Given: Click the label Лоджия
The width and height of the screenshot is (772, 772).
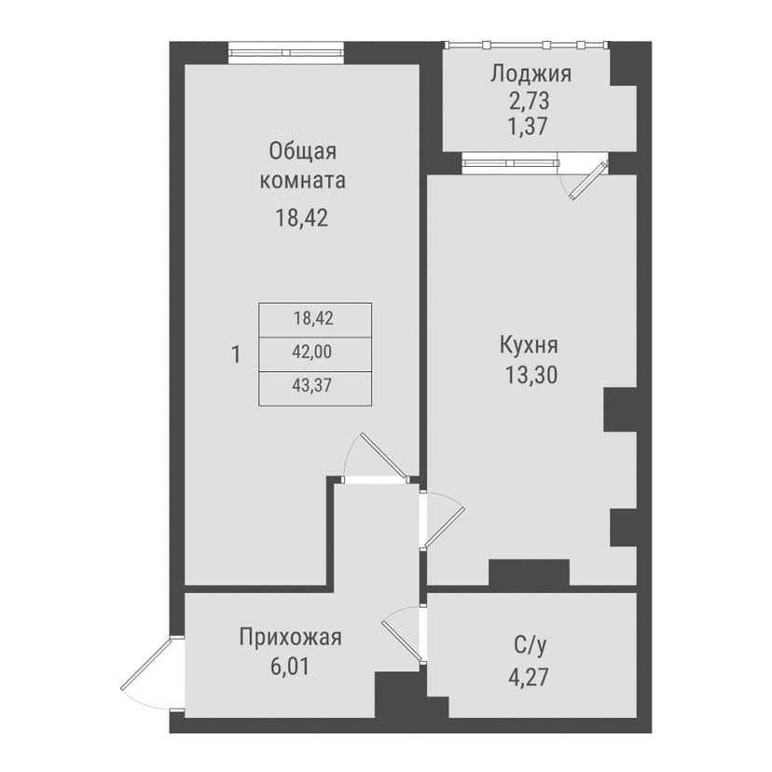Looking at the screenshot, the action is coord(531,75).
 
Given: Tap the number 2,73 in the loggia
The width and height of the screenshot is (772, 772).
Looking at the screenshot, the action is coord(529,102).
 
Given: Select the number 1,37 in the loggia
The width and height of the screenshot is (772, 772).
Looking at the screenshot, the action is coord(528,127).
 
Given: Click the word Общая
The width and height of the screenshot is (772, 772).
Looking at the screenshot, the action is coord(302,152).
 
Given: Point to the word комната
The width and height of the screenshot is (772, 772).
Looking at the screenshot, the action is coord(302,181).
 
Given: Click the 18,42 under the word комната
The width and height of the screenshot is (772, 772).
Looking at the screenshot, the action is coord(301,217).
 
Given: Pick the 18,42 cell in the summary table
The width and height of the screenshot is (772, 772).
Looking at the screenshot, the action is coord(315,320).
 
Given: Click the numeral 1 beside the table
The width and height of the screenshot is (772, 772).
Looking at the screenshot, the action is coord(236,354).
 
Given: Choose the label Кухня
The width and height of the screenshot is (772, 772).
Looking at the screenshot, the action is coord(529,345).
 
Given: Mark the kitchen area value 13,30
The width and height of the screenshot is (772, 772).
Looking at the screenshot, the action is coord(531,376).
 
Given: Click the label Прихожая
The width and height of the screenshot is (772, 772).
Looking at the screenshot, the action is coord(290,637).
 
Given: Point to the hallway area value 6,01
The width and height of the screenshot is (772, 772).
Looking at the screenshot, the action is coord(290,667).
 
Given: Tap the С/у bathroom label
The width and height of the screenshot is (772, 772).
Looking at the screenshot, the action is coord(530,645).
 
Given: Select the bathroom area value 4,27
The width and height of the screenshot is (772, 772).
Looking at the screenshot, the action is coord(529,678).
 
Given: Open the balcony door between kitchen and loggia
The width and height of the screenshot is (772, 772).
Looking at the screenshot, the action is coord(589,179).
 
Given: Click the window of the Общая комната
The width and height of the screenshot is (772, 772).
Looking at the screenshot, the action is coord(286,52).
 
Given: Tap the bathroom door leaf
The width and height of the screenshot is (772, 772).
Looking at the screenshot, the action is coord(401,641).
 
